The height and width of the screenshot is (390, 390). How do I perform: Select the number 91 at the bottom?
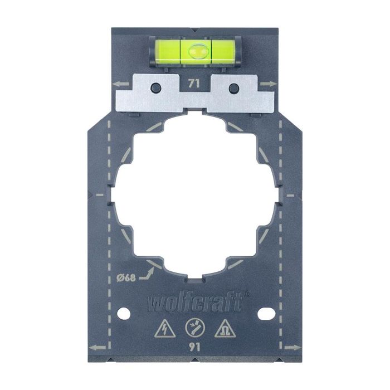[194, 346]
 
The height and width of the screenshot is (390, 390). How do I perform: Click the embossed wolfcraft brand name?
[194, 303]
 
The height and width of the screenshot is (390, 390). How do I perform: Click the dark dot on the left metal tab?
[157, 87]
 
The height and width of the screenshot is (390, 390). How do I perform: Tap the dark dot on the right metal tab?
[233, 87]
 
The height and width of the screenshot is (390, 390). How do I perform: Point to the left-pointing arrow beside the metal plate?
[119, 84]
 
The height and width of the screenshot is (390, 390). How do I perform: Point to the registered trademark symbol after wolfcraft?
[247, 295]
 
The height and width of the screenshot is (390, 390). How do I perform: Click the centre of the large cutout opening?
[194, 195]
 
